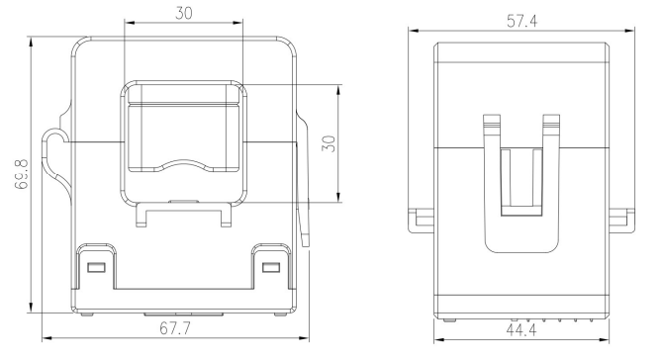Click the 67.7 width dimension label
pyautogui.click(x=175, y=328)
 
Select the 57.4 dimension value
pyautogui.click(x=521, y=21)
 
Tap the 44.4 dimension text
pyautogui.click(x=521, y=330)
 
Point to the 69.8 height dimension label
pyautogui.click(x=22, y=174)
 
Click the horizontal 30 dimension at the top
pyautogui.click(x=184, y=13)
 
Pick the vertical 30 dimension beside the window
pyautogui.click(x=329, y=143)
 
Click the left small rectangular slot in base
pyautogui.click(x=97, y=268)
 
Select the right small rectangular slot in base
pyautogui.click(x=271, y=268)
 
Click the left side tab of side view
pyautogui.click(x=421, y=221)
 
